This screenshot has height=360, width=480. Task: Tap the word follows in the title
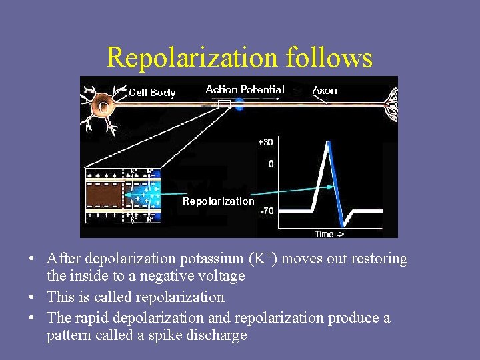tap(329, 58)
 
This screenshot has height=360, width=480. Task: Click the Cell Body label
tap(152, 93)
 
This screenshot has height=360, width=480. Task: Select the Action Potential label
tap(245, 89)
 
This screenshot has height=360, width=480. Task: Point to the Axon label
tap(325, 91)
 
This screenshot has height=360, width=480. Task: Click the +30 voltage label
tap(265, 142)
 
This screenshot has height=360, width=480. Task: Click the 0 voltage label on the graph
tap(270, 163)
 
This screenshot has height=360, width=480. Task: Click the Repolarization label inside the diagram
tap(219, 201)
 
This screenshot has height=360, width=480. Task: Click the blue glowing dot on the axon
tap(239, 105)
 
